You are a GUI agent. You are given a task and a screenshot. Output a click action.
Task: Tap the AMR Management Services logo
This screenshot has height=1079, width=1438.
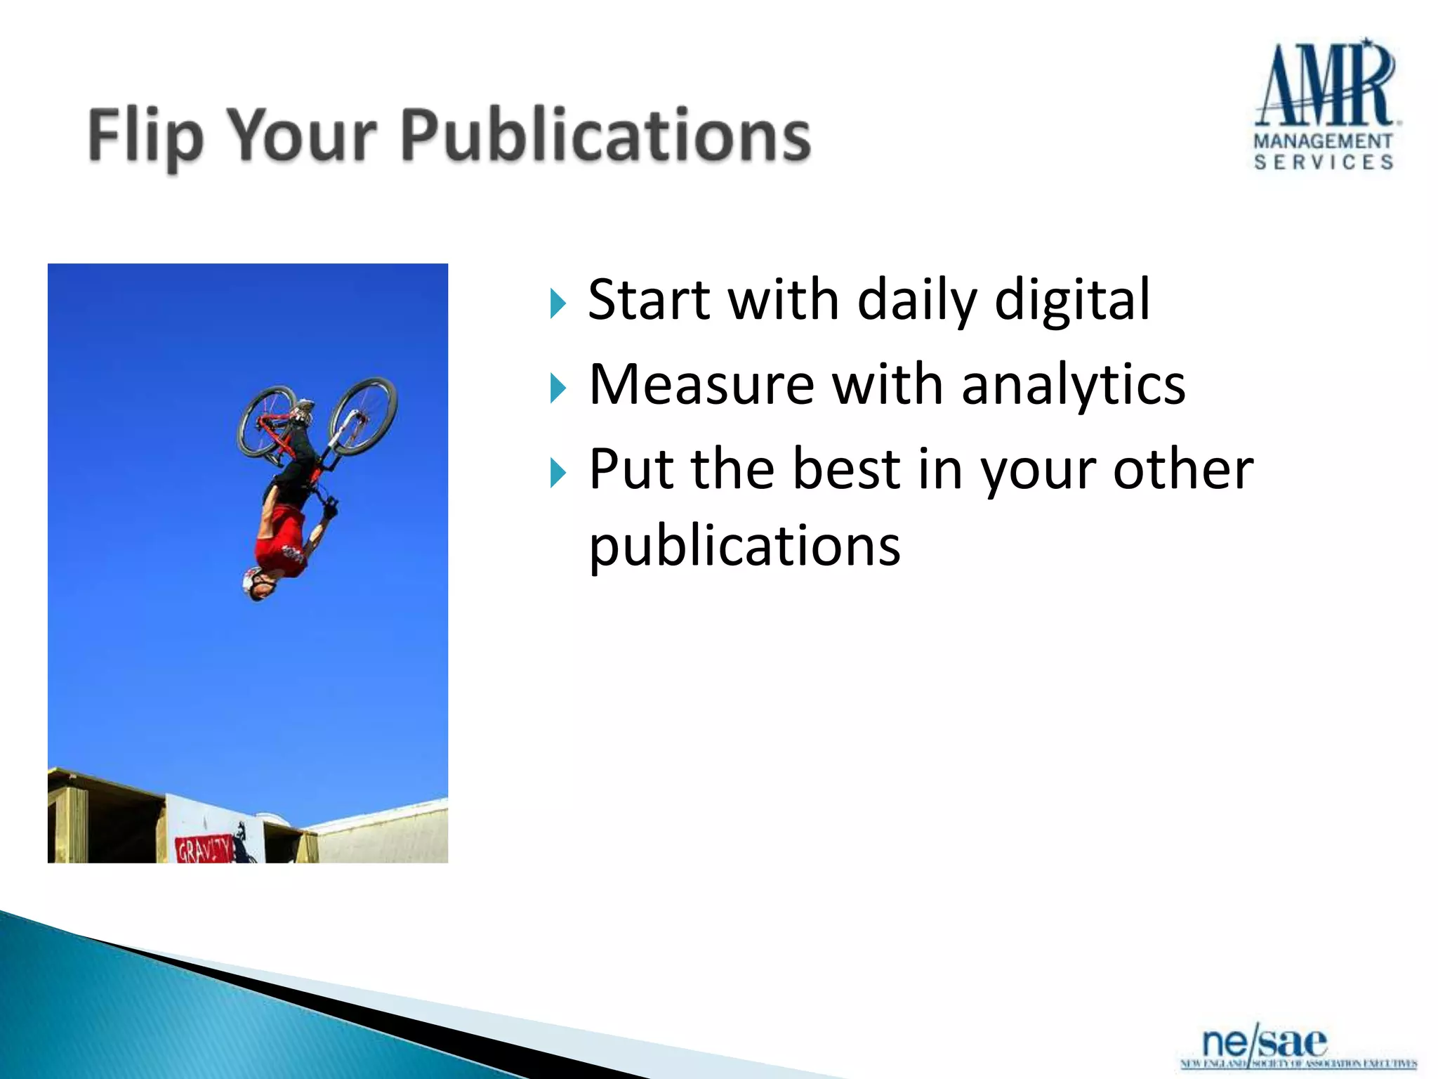click(1325, 105)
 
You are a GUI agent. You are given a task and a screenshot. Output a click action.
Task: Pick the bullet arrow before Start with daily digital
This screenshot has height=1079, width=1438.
click(558, 303)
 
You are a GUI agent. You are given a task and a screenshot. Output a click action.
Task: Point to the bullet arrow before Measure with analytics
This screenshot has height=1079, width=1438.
click(558, 388)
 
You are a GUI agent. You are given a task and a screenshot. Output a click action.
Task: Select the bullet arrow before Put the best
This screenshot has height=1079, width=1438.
click(558, 472)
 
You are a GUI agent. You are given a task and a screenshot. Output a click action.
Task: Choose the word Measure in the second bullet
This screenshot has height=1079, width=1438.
click(701, 385)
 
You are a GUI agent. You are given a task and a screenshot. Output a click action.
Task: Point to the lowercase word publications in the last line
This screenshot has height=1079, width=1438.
click(744, 547)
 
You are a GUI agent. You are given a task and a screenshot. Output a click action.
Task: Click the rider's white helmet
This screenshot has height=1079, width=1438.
click(254, 583)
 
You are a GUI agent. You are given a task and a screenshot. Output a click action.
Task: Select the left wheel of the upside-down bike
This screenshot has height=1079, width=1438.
click(267, 421)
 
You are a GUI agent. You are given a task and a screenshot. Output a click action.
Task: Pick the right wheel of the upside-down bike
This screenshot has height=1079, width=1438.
click(363, 416)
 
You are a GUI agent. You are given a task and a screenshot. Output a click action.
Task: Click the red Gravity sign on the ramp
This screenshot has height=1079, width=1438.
click(204, 850)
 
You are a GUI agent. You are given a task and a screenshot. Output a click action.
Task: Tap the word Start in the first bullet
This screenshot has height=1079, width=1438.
click(648, 301)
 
